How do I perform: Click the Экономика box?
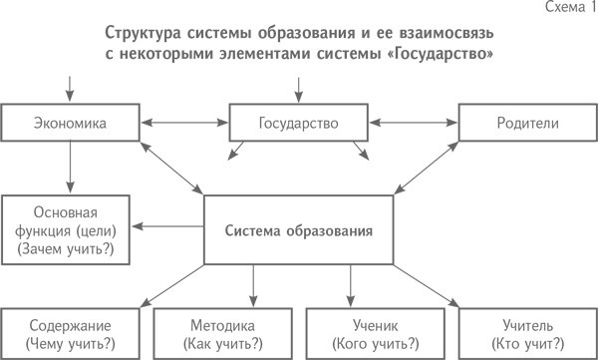click(x=70, y=124)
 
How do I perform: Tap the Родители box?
click(x=526, y=124)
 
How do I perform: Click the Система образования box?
click(x=298, y=231)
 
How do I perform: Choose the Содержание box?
click(x=70, y=334)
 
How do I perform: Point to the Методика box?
click(x=222, y=334)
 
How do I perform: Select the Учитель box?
click(x=527, y=334)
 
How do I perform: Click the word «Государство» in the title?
click(x=439, y=56)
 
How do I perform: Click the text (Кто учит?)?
click(x=527, y=344)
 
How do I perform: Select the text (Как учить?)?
click(x=222, y=344)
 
